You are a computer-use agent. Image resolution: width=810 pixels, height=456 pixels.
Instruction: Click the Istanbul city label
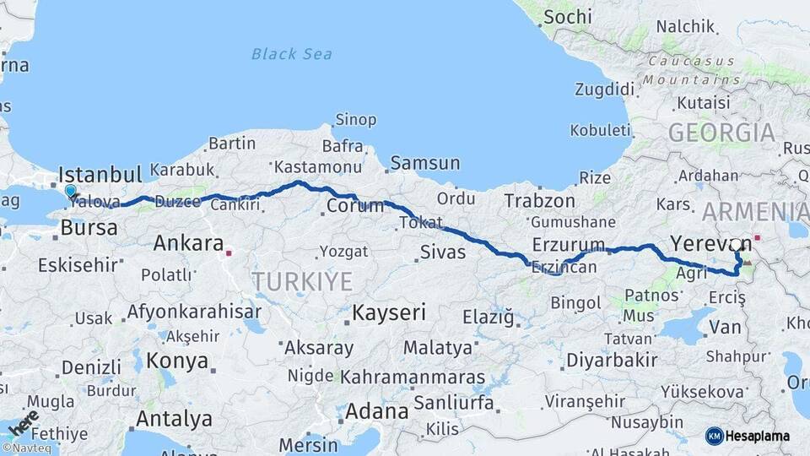tap(100, 176)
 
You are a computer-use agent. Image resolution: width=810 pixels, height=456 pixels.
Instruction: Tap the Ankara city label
tap(188, 243)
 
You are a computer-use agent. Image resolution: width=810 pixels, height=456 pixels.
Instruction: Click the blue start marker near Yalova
tap(71, 193)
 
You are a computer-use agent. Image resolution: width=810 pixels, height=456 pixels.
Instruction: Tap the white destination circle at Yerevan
tap(736, 244)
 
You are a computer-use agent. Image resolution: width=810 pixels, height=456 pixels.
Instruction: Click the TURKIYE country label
tap(302, 282)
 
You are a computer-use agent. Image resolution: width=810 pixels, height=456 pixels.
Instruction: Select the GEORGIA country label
tap(721, 133)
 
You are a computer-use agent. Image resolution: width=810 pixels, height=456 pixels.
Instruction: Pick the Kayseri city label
tap(388, 312)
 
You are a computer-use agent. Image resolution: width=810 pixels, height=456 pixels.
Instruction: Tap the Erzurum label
tap(569, 246)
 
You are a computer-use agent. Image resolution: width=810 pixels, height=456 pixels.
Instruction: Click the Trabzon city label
tap(539, 201)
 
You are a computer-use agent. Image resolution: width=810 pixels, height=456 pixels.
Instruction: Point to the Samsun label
tap(424, 163)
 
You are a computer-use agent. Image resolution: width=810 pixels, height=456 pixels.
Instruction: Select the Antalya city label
tap(174, 418)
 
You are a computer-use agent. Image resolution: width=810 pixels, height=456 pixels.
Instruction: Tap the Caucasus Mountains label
tap(691, 70)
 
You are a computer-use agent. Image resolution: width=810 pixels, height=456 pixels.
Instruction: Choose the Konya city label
tap(177, 361)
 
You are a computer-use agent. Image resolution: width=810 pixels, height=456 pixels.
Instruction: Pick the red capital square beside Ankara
tap(229, 251)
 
